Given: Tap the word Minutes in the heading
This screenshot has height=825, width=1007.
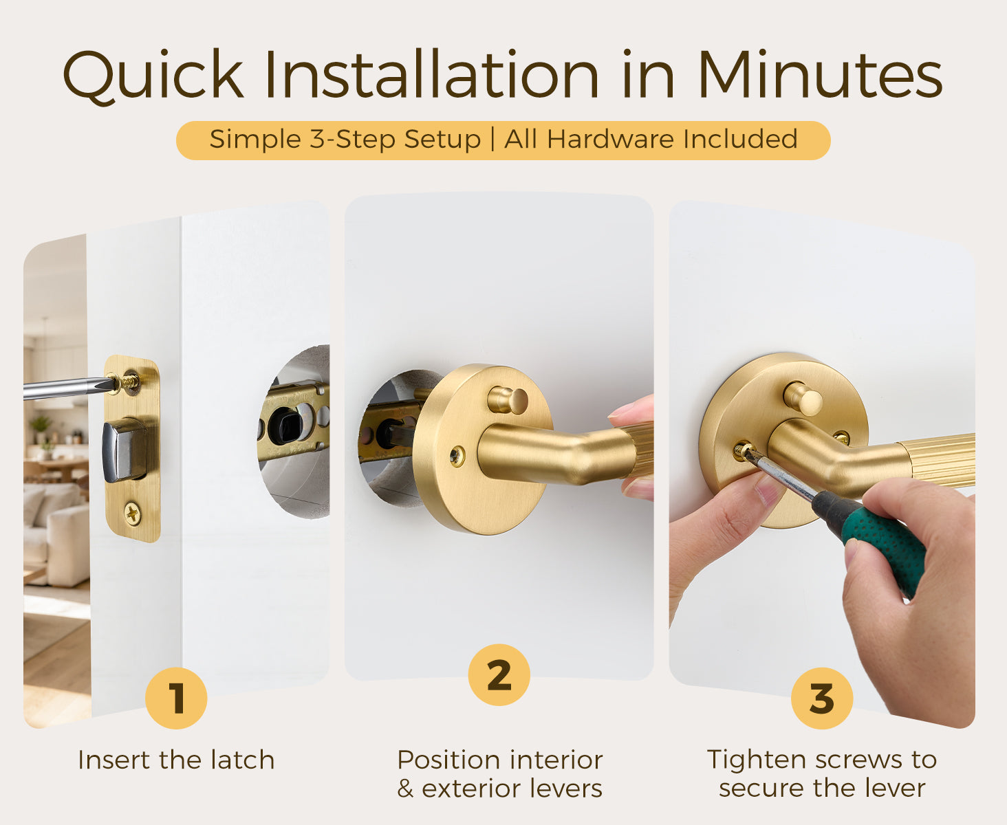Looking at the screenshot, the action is [x=821, y=74].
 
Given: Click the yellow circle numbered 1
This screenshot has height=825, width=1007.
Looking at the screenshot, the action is [x=176, y=698].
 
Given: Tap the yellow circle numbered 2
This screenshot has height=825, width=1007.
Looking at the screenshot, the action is [x=499, y=674].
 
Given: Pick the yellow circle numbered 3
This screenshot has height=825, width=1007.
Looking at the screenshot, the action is [x=822, y=698].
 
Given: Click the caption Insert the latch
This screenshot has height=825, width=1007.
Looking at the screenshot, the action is [x=176, y=760].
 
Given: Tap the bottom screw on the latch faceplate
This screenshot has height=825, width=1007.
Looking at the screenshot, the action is [x=133, y=514].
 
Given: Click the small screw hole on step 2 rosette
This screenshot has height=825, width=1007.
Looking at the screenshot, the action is [x=457, y=456].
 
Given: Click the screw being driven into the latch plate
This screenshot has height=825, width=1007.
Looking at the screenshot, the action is [x=126, y=382].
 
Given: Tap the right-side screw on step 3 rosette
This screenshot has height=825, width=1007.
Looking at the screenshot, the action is [x=841, y=437].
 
